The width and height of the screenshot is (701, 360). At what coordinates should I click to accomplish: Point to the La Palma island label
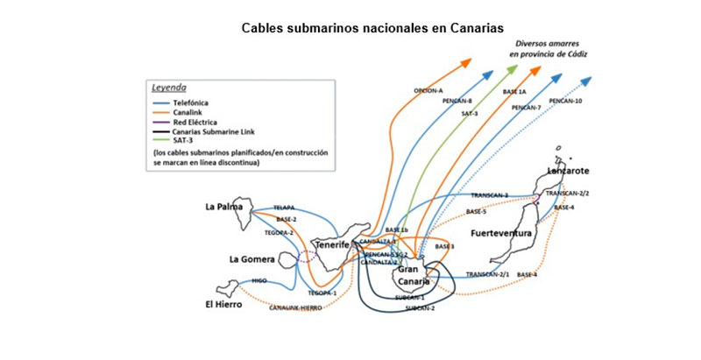click(223, 208)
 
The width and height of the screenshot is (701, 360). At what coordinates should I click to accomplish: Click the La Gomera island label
click(251, 259)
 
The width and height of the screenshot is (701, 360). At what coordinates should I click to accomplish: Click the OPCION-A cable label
click(428, 91)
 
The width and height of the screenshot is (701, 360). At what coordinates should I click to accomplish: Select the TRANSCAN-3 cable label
click(489, 194)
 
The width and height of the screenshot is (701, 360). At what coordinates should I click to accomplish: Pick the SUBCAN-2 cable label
click(420, 308)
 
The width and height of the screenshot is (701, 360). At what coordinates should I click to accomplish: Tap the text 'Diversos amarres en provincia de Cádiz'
click(549, 48)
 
